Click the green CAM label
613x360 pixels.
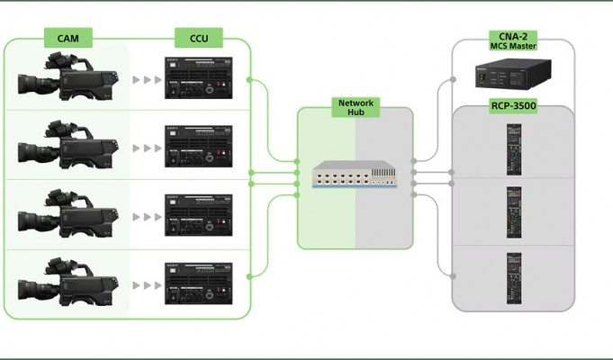(x=68, y=38)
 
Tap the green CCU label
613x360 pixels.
(x=199, y=38)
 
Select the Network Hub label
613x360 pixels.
(x=356, y=107)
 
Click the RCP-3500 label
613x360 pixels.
(x=513, y=106)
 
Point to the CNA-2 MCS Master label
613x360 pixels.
(x=513, y=40)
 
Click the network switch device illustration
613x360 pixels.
(x=355, y=175)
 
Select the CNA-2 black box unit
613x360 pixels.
(x=513, y=74)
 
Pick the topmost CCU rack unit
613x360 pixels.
(x=199, y=77)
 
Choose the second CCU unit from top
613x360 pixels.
(x=199, y=146)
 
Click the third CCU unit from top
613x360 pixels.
(x=199, y=215)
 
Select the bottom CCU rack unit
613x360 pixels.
(x=199, y=283)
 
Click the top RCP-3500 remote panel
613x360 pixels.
(x=514, y=149)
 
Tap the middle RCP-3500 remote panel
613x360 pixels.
(x=514, y=212)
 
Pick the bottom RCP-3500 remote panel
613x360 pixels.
(x=514, y=278)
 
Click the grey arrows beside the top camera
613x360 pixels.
(x=148, y=80)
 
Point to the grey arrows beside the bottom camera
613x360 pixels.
(x=148, y=285)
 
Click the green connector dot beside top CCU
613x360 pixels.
(x=249, y=80)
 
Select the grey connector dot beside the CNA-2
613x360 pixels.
(x=453, y=79)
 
